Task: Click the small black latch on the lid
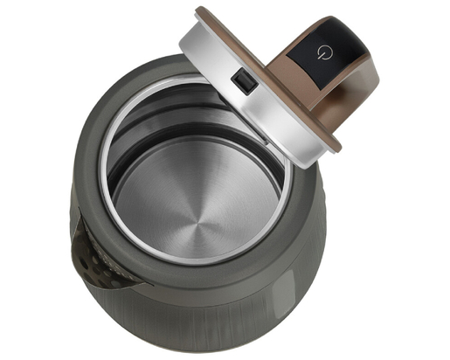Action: point(244,81)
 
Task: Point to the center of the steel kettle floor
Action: point(194,209)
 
